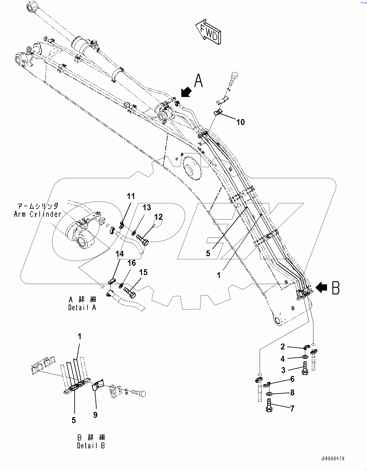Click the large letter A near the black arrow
coord(198,81)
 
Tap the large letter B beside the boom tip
coord(336,287)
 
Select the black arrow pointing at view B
coord(321,287)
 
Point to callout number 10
coord(240,122)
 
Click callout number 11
coord(131,196)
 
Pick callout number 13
coord(147,207)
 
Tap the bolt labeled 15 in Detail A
coord(130,292)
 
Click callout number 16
coord(132,263)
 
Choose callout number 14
coord(120,254)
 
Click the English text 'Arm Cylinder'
coord(37,214)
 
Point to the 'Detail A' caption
coord(82,308)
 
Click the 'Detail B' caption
coord(91,445)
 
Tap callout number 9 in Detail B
coord(95,415)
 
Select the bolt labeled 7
coord(269,405)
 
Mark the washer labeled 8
coord(269,394)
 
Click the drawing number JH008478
coord(333,458)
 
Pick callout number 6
coord(292,379)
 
